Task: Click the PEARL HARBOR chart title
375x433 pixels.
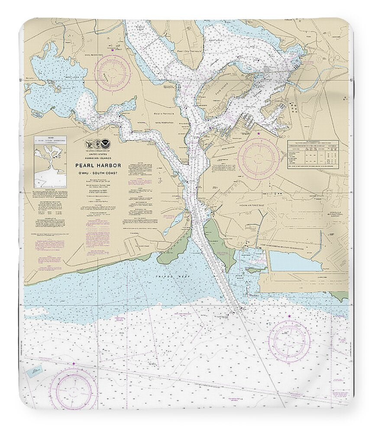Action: click(99, 165)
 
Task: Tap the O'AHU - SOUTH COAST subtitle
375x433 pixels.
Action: click(99, 174)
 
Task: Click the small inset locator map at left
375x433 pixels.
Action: click(50, 162)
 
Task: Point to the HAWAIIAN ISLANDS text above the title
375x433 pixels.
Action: click(99, 159)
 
